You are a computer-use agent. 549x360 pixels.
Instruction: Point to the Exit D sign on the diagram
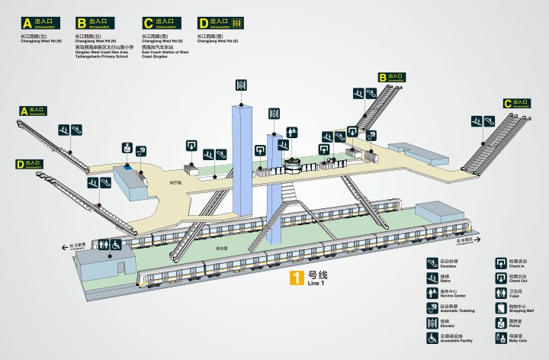coord(30,164)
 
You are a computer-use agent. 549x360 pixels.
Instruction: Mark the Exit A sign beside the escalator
coord(33,111)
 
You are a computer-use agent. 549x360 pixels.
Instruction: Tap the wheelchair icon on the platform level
coord(116,246)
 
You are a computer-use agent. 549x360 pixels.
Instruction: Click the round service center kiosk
coord(292,163)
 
